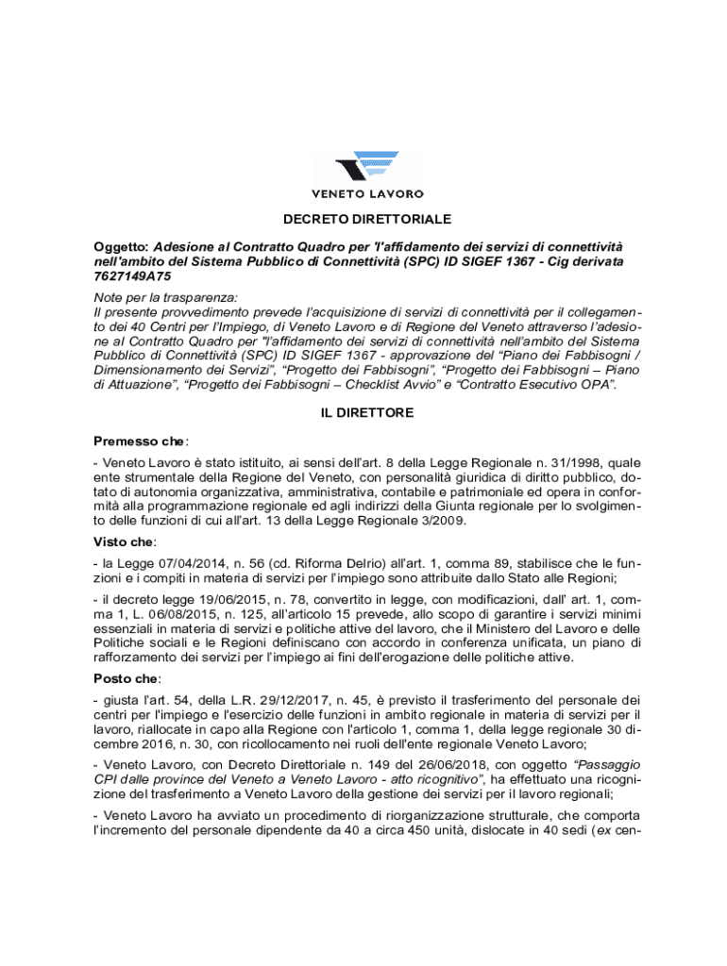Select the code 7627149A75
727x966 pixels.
click(x=132, y=277)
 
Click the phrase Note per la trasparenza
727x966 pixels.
click(x=165, y=297)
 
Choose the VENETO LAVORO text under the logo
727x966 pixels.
click(x=367, y=194)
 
